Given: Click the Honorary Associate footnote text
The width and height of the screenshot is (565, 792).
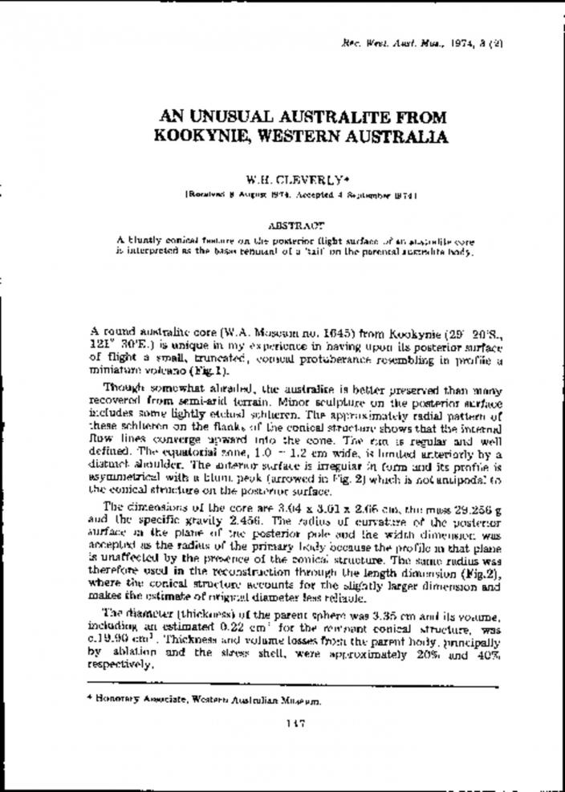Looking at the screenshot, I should [205, 700].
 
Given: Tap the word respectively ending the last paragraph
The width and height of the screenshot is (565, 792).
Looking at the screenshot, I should [120, 664].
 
